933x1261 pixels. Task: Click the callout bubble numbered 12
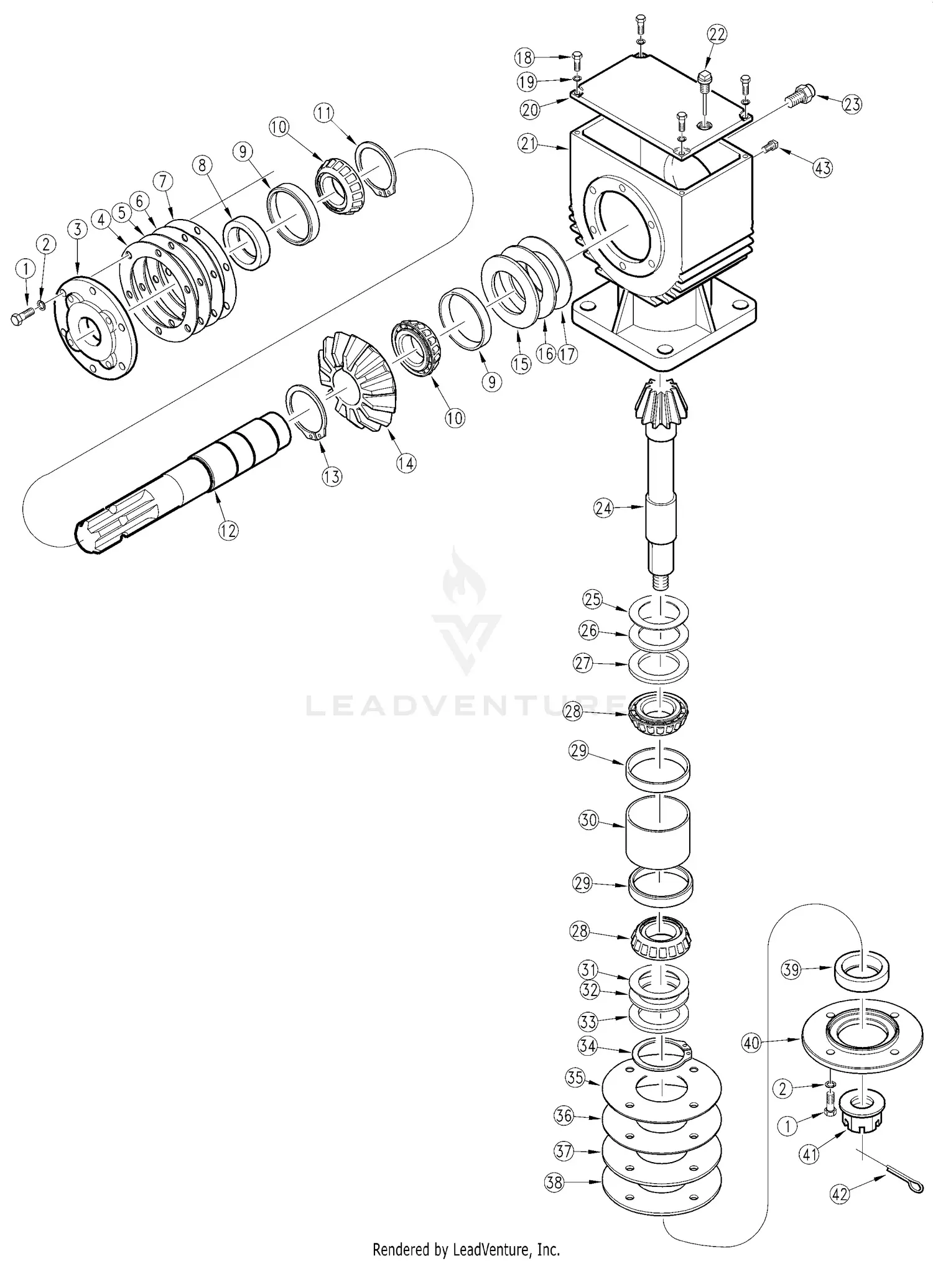(x=228, y=531)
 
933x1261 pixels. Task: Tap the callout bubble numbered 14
(x=407, y=463)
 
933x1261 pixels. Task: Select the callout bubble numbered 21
(x=528, y=144)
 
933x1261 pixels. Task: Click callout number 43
(x=823, y=167)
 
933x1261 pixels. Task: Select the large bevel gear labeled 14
(x=358, y=379)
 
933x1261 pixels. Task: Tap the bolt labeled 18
(x=577, y=61)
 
